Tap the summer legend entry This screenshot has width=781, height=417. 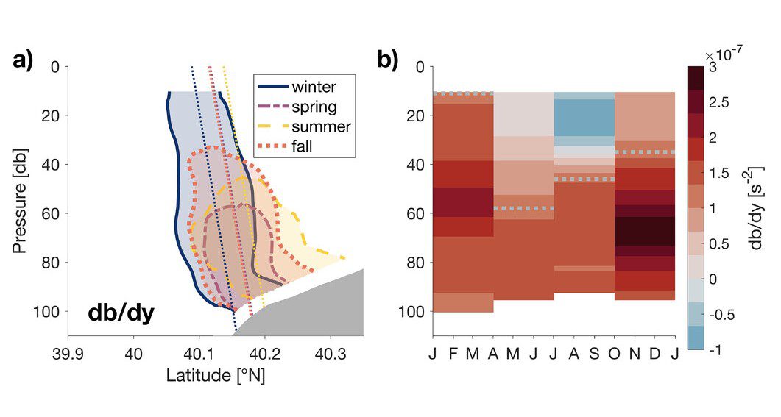pos(304,126)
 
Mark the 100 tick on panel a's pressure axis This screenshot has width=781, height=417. pos(46,311)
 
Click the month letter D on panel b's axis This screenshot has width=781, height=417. pos(654,355)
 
